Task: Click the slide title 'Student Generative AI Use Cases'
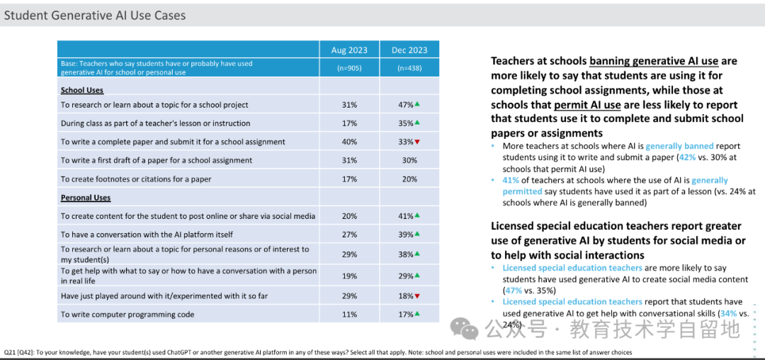95,15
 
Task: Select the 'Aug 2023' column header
349,50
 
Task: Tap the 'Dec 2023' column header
409,50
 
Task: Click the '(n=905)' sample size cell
349,68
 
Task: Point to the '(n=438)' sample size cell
409,68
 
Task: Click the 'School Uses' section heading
82,90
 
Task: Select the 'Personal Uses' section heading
86,198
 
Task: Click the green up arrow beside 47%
418,104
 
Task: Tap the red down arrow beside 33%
418,142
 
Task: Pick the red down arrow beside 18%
418,296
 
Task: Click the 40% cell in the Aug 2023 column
349,142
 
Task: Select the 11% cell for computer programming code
349,314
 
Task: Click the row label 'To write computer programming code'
127,315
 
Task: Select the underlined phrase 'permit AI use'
587,104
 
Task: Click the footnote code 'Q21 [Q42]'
18,352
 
